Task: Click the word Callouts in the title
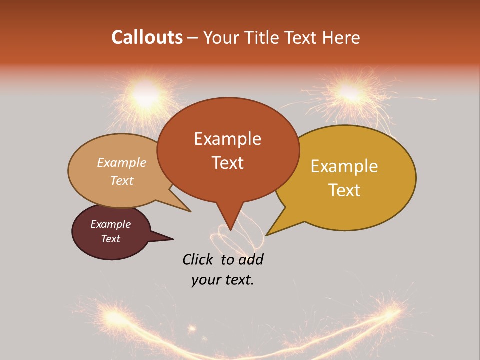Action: [x=147, y=37]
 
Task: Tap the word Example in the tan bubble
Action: [x=122, y=162]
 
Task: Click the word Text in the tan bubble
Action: [x=122, y=180]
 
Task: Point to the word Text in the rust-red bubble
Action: [x=227, y=162]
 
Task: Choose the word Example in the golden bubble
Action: [x=344, y=166]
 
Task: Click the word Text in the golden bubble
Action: [x=344, y=190]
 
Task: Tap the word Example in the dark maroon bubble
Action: [x=110, y=224]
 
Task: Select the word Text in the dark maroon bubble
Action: [x=110, y=239]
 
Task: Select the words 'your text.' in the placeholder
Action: [x=223, y=280]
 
